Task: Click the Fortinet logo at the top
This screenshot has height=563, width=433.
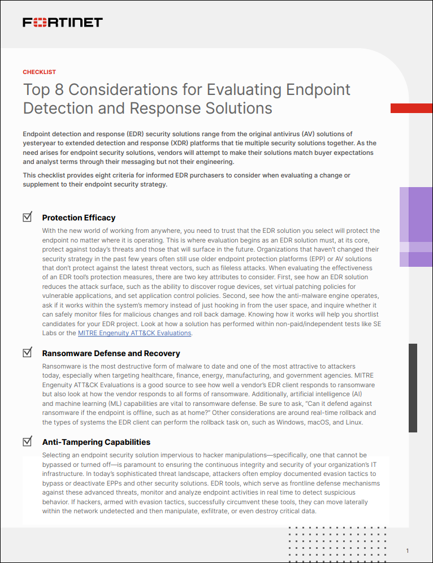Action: pos(62,23)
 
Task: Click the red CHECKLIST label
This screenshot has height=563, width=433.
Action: pos(39,72)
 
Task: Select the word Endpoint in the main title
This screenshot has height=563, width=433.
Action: pos(319,90)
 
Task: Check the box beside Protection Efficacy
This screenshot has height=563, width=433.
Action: pos(27,217)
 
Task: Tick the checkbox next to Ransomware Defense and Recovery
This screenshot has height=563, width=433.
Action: pos(27,353)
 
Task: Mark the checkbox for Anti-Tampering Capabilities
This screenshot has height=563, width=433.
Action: pos(27,441)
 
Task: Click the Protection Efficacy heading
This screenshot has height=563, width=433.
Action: pos(79,218)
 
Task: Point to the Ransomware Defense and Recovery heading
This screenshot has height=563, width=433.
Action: pos(111,353)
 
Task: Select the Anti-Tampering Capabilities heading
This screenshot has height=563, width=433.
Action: pos(96,442)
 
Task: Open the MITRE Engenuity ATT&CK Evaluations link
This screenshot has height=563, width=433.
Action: pos(135,333)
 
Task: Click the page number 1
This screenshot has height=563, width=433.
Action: pos(408,551)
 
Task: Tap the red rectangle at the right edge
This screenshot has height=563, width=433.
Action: pos(412,107)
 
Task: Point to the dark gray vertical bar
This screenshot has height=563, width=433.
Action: pos(413,387)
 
